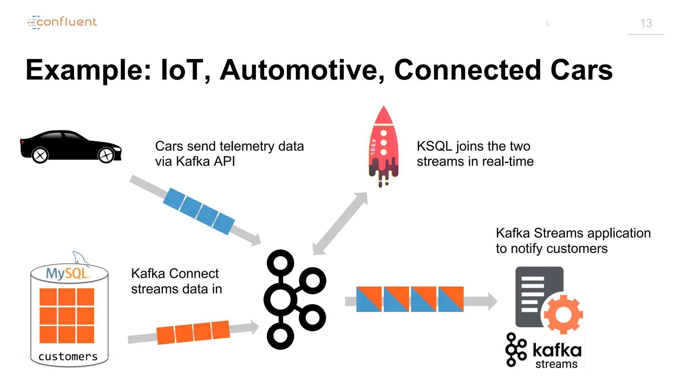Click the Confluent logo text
(x=66, y=22)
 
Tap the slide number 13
(x=646, y=23)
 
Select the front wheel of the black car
(x=106, y=155)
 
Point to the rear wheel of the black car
(x=40, y=156)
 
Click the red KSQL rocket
(x=384, y=145)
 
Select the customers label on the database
(x=68, y=356)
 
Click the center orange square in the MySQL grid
(x=67, y=316)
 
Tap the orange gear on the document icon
(x=563, y=315)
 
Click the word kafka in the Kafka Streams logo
(x=557, y=350)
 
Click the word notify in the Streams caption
(x=527, y=249)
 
